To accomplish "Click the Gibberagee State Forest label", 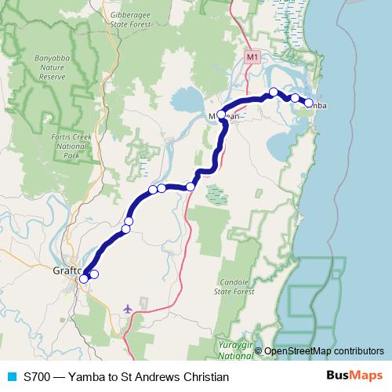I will click(130, 19).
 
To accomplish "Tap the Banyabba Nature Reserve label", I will click(54, 67).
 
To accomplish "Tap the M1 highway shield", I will click(251, 57).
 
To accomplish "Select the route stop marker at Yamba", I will click(309, 103).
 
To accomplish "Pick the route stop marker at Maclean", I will click(221, 115).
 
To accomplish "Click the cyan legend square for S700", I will click(11, 377).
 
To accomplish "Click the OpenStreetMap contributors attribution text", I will click(323, 351).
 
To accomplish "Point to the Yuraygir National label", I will click(233, 350).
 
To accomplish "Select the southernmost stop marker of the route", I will click(84, 278).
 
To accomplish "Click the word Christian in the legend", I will click(204, 377).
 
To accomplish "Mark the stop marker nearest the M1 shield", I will click(273, 93).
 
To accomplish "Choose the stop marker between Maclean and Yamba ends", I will click(294, 98).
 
